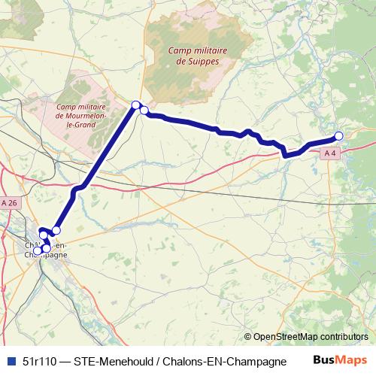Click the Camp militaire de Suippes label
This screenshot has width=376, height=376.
[x=195, y=55]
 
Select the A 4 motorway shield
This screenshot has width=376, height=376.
[x=329, y=153]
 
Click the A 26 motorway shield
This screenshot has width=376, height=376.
[x=9, y=203]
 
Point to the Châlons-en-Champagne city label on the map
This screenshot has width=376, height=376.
[x=46, y=250]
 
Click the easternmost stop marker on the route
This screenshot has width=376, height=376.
[x=338, y=135]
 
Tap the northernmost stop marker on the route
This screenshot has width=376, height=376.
[x=136, y=105]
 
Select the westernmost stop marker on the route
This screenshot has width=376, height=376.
[x=38, y=251]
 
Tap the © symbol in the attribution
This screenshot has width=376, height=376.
[x=248, y=337]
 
